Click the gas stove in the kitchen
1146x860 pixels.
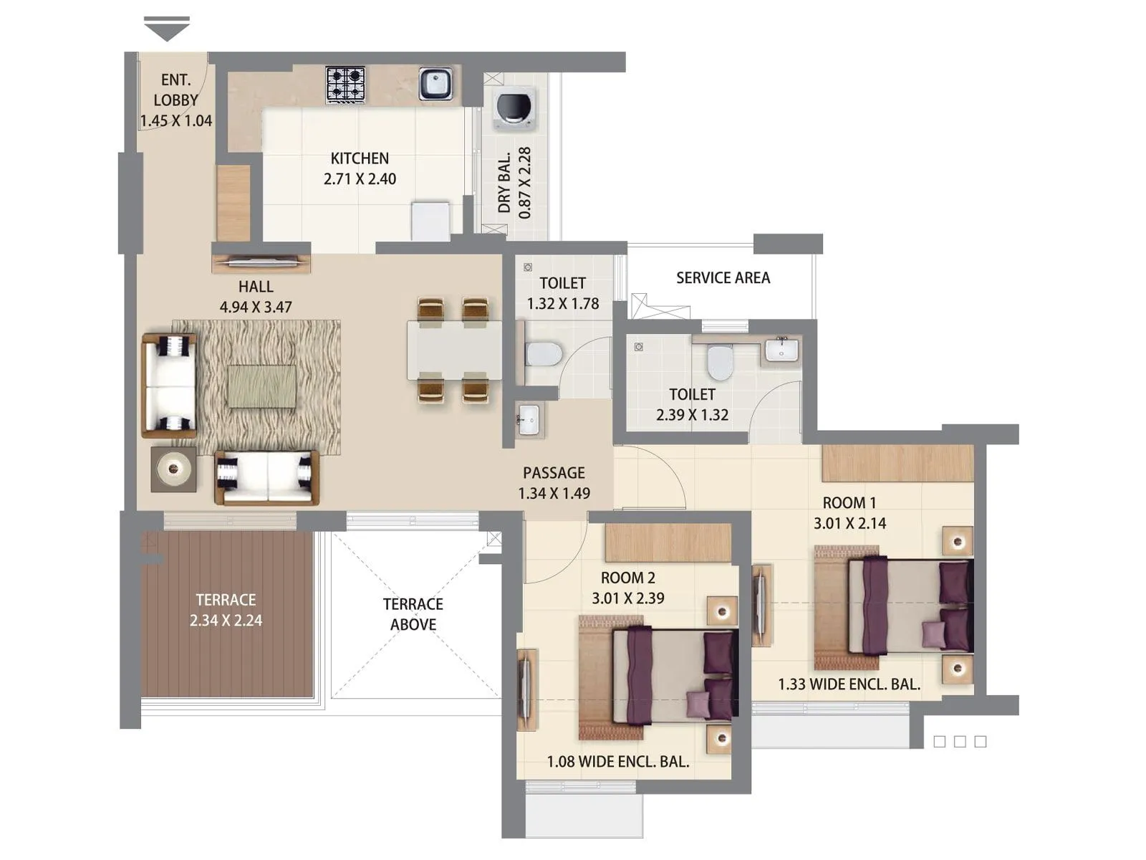(x=345, y=85)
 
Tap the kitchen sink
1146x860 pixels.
(x=435, y=84)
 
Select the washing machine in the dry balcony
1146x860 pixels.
(x=514, y=110)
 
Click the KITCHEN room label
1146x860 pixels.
(x=360, y=158)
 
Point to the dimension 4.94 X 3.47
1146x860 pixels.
(x=256, y=307)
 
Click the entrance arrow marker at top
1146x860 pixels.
(x=167, y=29)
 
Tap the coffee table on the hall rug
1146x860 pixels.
(x=261, y=387)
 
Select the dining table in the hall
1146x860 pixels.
(x=454, y=350)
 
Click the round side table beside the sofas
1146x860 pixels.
(x=173, y=469)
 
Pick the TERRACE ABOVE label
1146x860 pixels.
(x=413, y=614)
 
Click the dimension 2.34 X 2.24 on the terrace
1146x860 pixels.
(x=226, y=621)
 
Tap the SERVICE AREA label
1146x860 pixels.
(x=723, y=278)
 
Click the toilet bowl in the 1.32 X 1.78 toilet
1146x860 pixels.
(x=543, y=353)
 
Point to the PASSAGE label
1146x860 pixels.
(x=554, y=473)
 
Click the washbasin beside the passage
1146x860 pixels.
(x=529, y=419)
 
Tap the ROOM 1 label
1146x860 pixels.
(x=849, y=503)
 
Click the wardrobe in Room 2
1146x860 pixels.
(x=668, y=543)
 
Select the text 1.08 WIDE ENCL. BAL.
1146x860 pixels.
(x=618, y=762)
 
